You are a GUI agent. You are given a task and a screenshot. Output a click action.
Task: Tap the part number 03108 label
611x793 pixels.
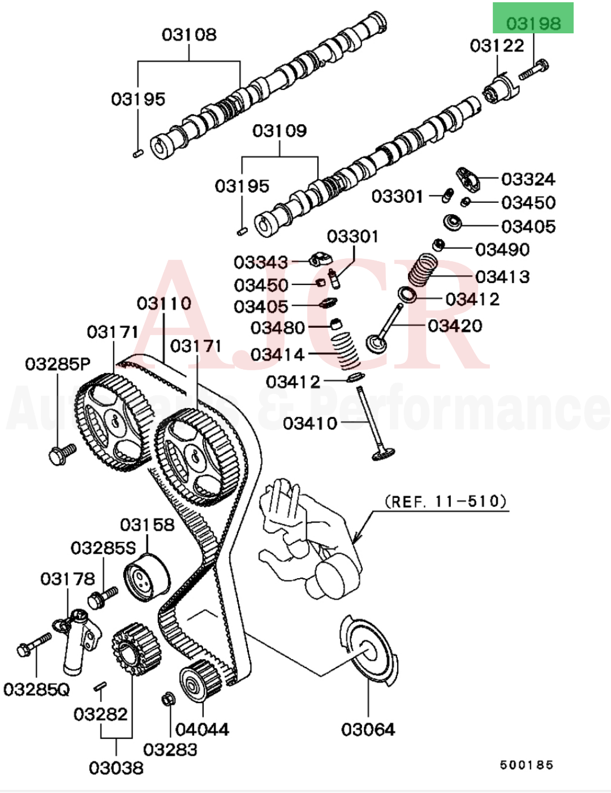[x=189, y=34]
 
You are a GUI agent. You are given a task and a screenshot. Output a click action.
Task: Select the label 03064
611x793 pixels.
[x=368, y=729]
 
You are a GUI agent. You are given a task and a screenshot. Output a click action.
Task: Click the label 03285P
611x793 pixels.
[x=57, y=363]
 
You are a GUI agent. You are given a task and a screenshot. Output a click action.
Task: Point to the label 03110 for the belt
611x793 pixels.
[x=163, y=304]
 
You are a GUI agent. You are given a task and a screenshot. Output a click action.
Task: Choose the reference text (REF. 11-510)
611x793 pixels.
[x=445, y=501]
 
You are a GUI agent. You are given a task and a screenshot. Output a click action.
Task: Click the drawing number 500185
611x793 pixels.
[x=526, y=765]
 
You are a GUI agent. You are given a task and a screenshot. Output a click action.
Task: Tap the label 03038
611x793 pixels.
[x=116, y=768]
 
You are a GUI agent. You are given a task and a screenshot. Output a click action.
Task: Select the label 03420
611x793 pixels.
[x=455, y=326]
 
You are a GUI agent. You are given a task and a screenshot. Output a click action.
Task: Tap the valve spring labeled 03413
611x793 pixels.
[x=423, y=270]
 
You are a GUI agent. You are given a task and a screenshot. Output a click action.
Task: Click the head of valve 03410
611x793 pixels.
[x=383, y=453]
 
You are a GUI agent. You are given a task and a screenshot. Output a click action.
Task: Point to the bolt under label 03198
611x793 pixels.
[x=533, y=69]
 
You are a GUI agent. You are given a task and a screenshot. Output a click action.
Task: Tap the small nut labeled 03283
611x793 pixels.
[x=168, y=699]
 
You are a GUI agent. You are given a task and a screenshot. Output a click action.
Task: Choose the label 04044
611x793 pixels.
[x=202, y=729]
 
